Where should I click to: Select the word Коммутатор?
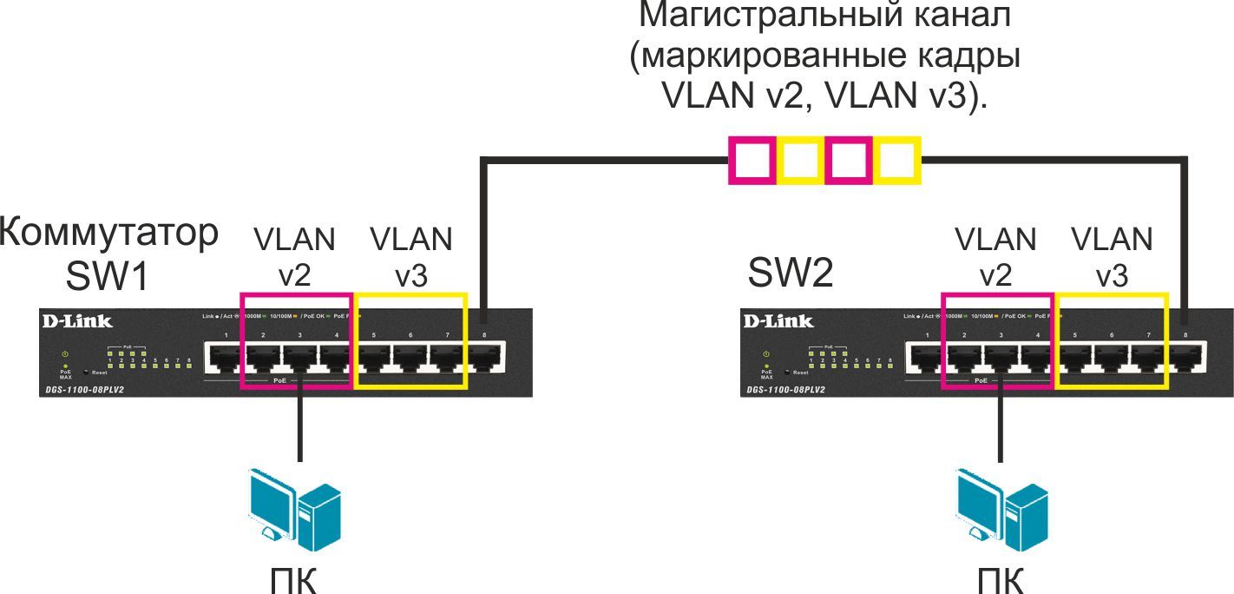pyautogui.click(x=109, y=235)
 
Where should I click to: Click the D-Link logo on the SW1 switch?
pyautogui.click(x=77, y=321)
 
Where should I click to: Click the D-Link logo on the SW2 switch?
pyautogui.click(x=778, y=321)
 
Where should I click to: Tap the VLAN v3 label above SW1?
pyautogui.click(x=410, y=256)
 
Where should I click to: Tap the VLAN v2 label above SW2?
pyautogui.click(x=995, y=256)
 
